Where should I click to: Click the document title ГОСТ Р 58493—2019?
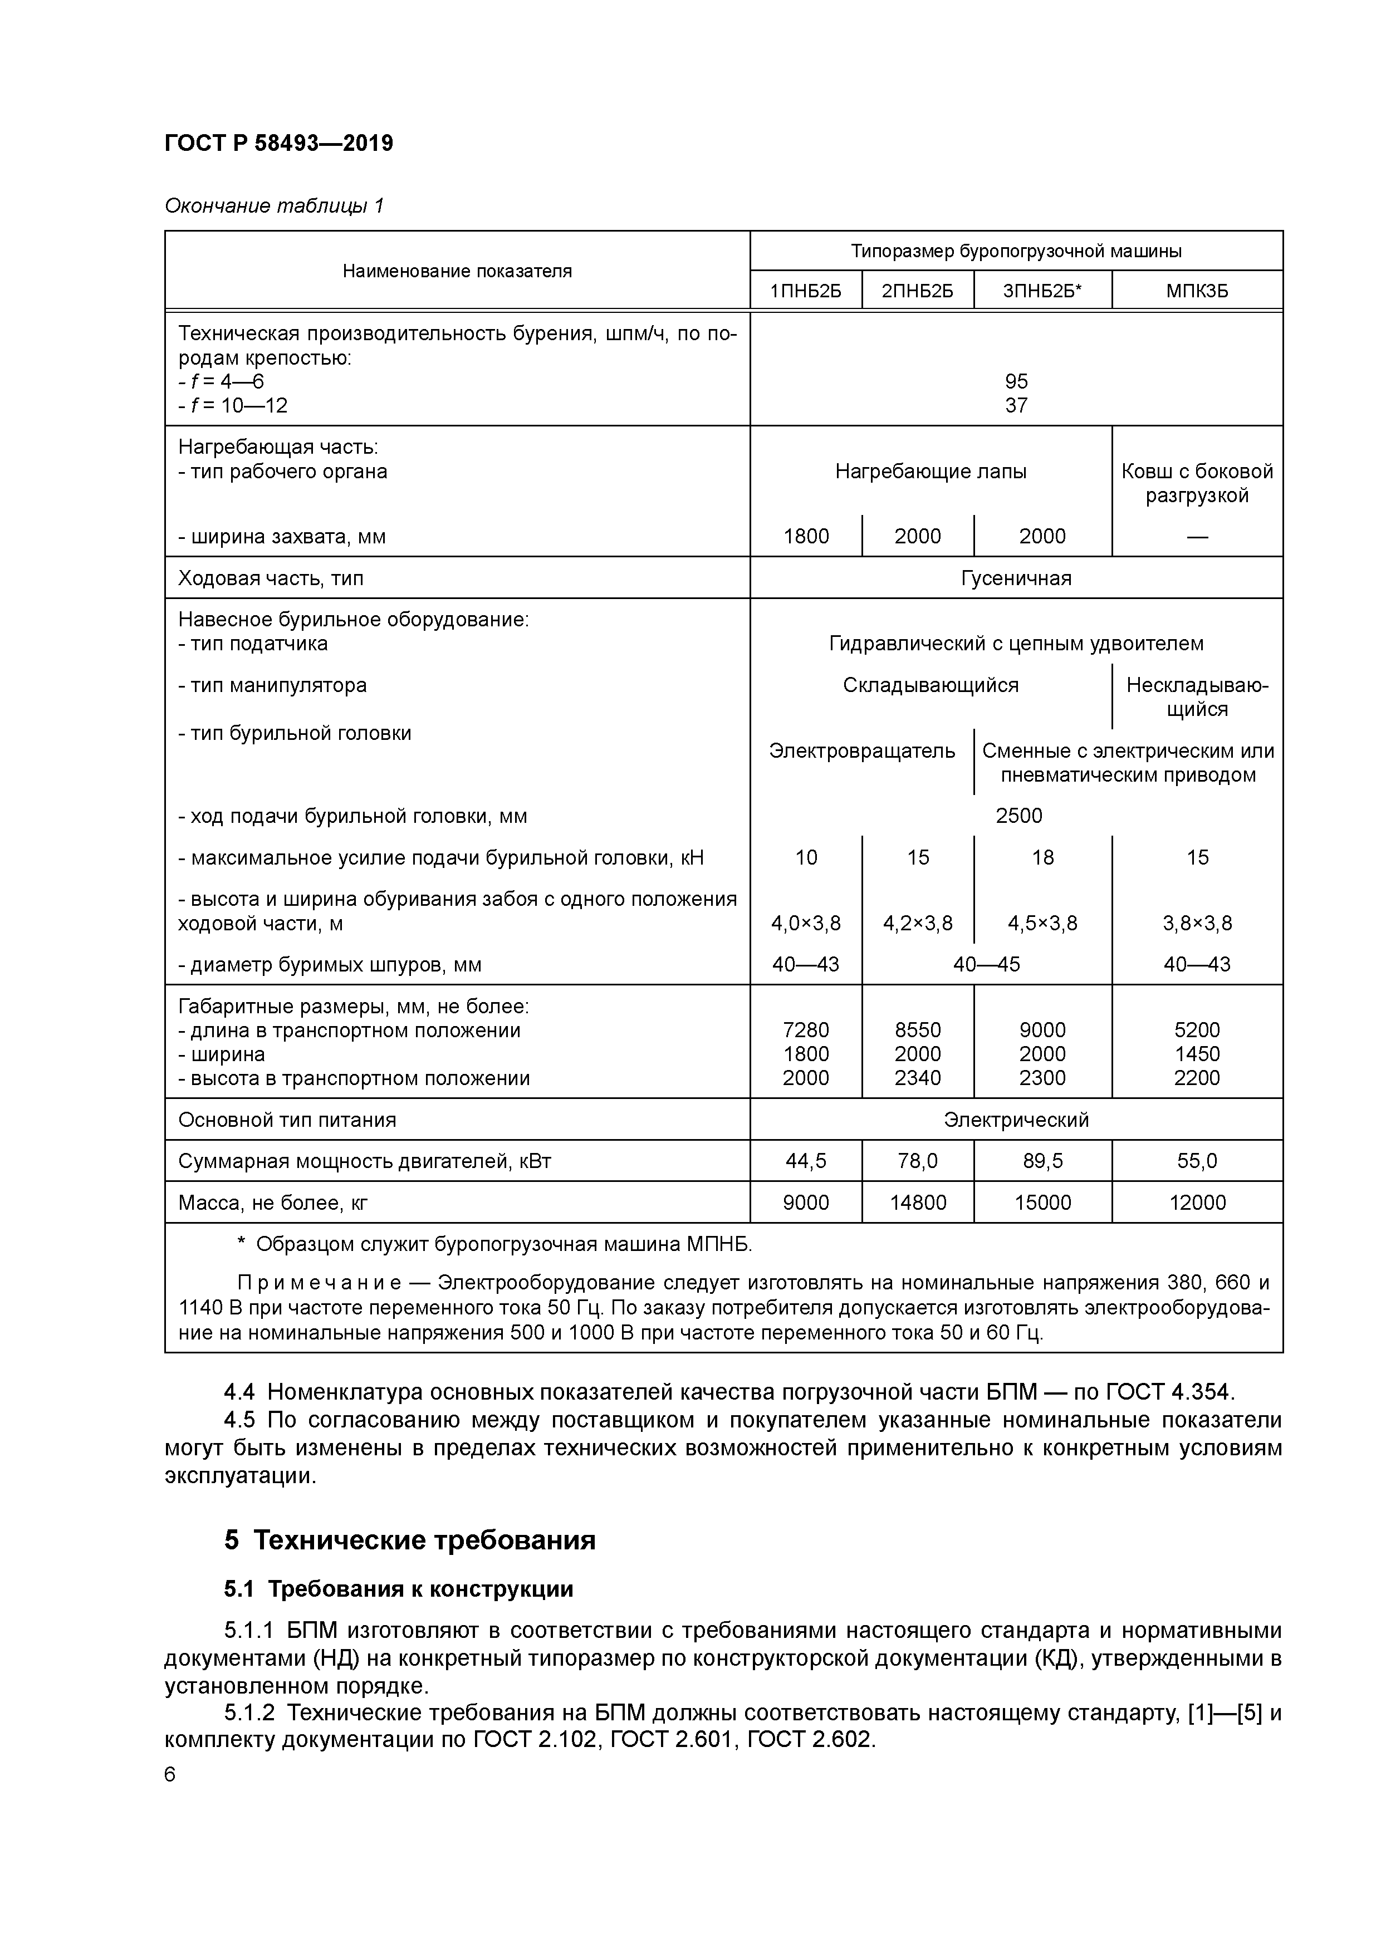(x=278, y=143)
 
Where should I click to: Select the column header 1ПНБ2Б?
(x=805, y=291)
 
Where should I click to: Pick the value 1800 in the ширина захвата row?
(x=805, y=536)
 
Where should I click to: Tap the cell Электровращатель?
(x=861, y=751)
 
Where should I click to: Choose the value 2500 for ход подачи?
(x=1018, y=816)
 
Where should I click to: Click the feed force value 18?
(x=1042, y=857)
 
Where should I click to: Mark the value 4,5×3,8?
(x=1042, y=923)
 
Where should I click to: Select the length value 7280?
(x=805, y=1030)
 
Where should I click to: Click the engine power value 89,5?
(x=1042, y=1161)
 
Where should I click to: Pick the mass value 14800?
(x=917, y=1203)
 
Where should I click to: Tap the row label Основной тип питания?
(x=287, y=1120)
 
